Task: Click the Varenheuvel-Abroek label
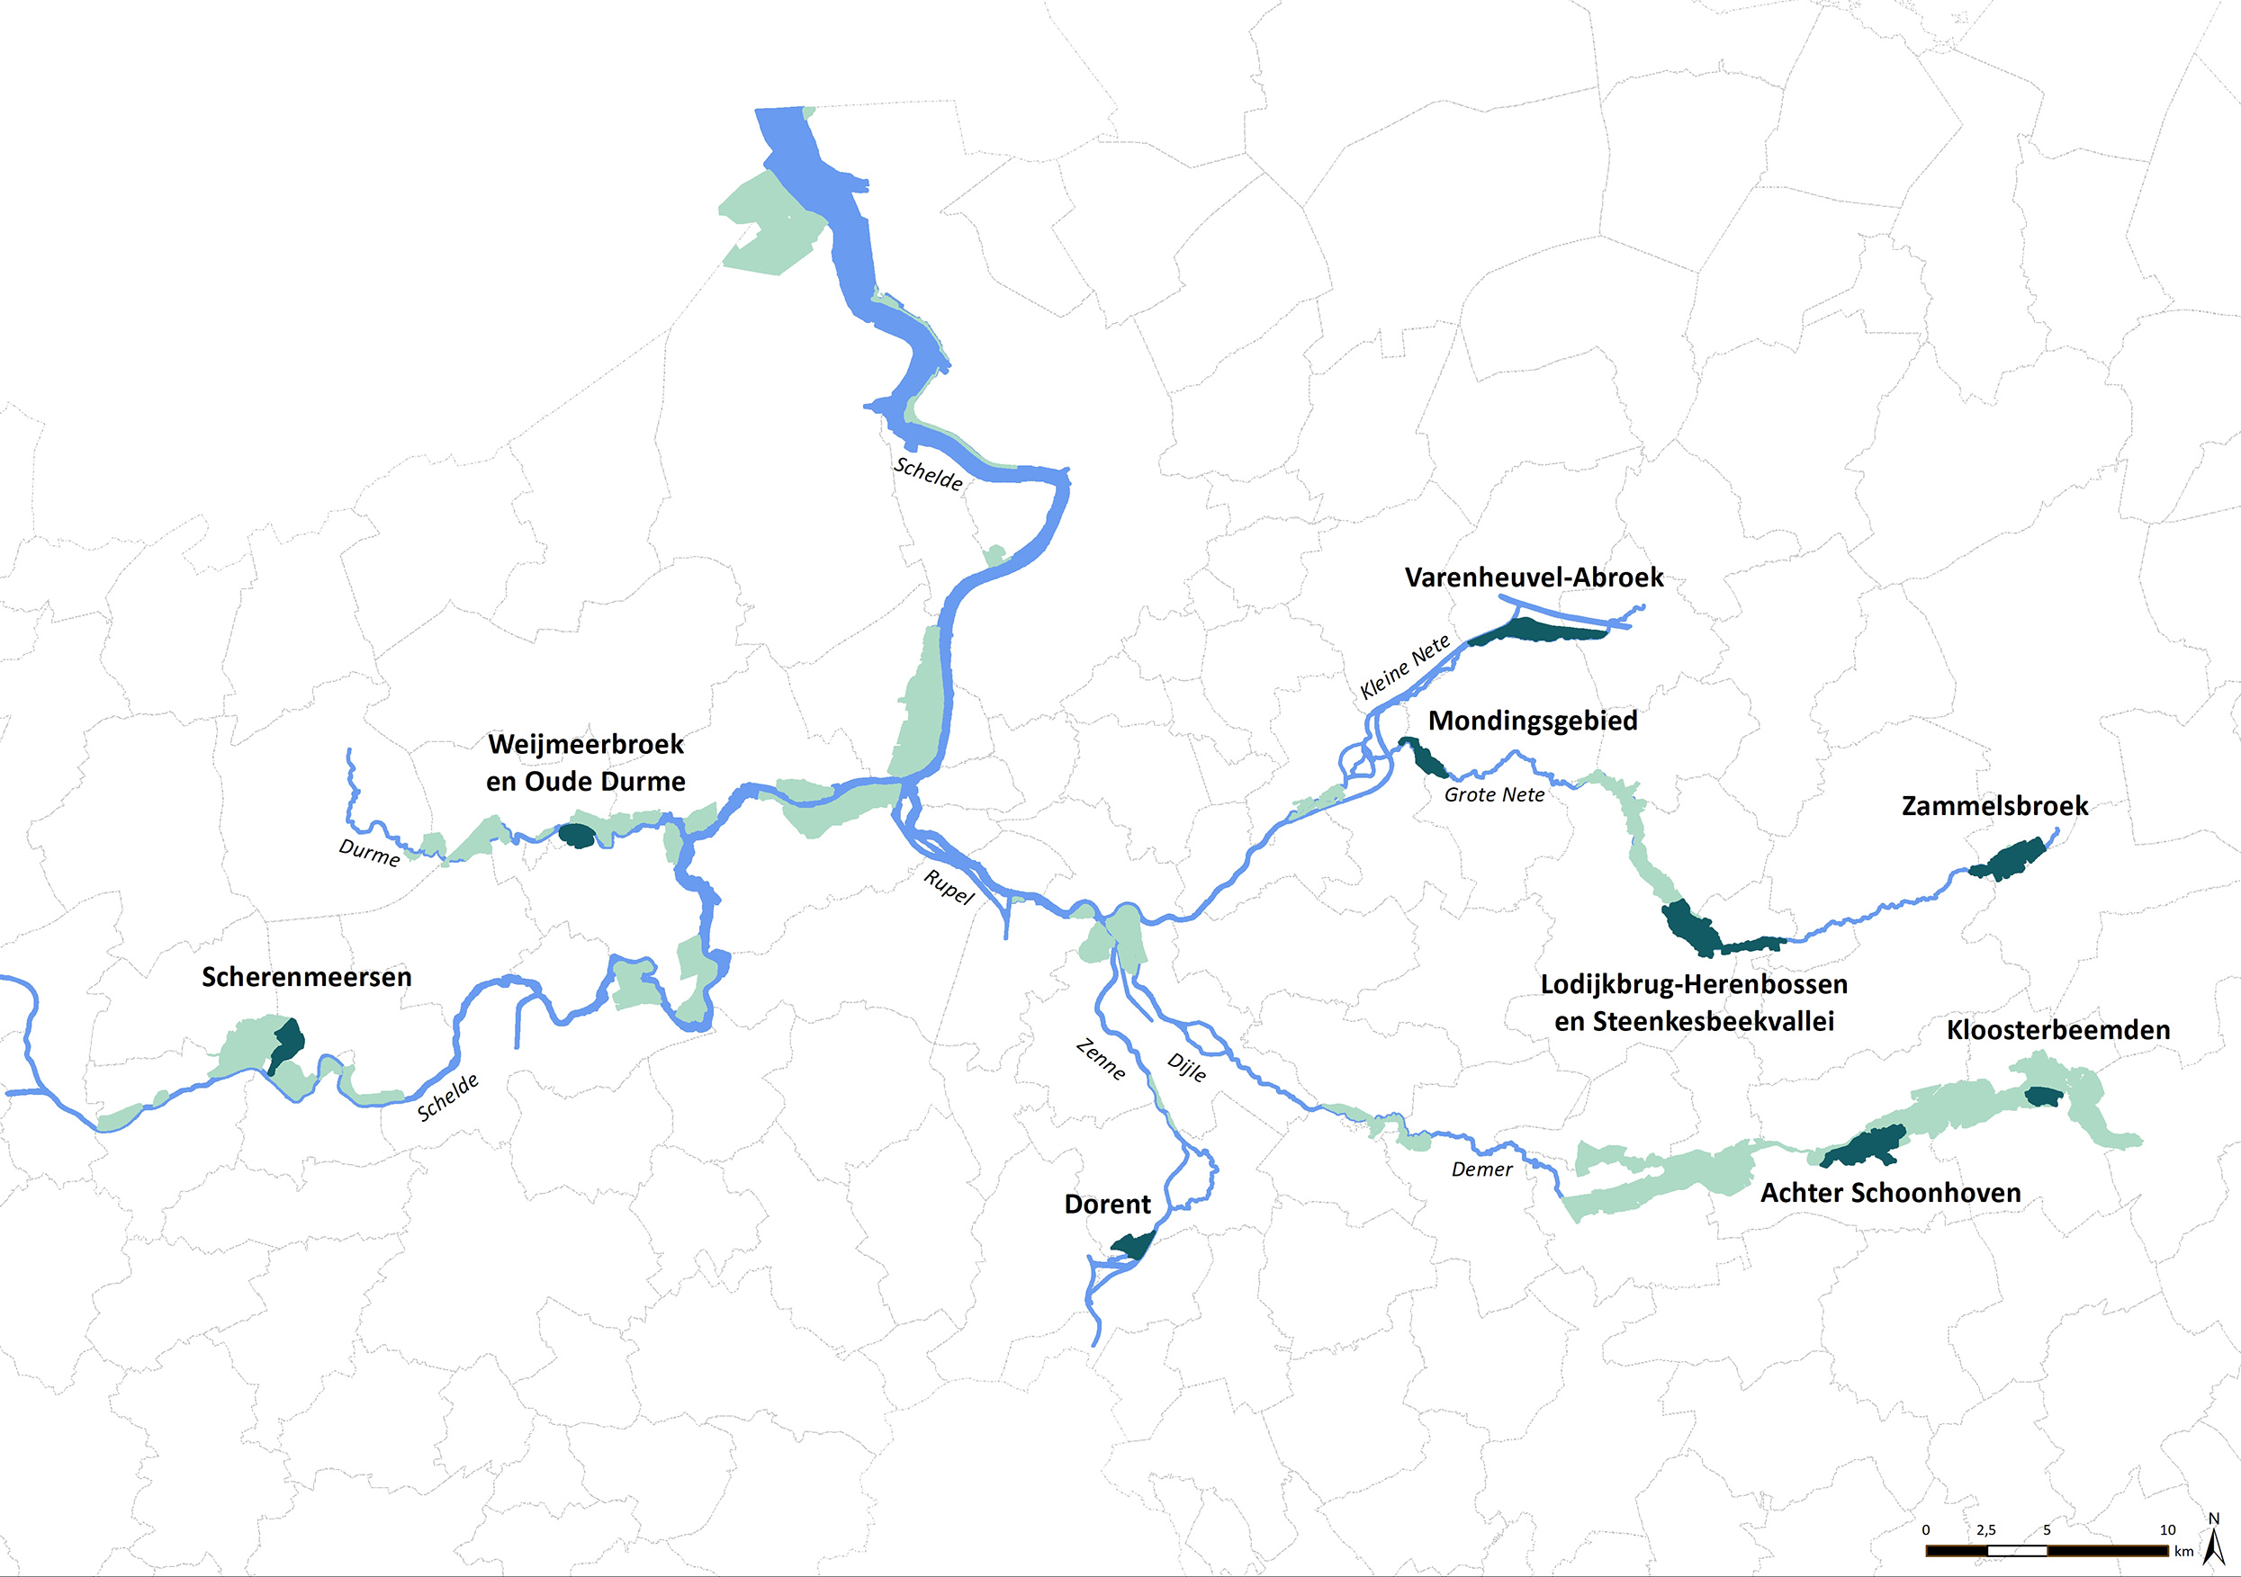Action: click(1534, 578)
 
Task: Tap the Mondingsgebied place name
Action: click(1533, 721)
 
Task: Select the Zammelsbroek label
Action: click(1994, 806)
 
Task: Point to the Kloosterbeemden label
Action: click(2057, 1031)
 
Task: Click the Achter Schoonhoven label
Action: click(1890, 1193)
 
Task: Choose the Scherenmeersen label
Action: click(307, 977)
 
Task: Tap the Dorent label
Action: click(1107, 1205)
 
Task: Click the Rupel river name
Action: click(949, 887)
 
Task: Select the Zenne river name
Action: click(1101, 1060)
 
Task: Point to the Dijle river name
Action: click(1187, 1068)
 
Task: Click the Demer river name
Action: click(1480, 1169)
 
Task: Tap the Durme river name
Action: click(369, 853)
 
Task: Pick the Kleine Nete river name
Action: click(1405, 668)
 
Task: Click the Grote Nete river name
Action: click(1493, 795)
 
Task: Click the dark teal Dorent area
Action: click(1132, 1246)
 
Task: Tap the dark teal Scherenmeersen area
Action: click(287, 1044)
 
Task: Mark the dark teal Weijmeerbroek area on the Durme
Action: click(576, 836)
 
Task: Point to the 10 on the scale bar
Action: click(2167, 1530)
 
